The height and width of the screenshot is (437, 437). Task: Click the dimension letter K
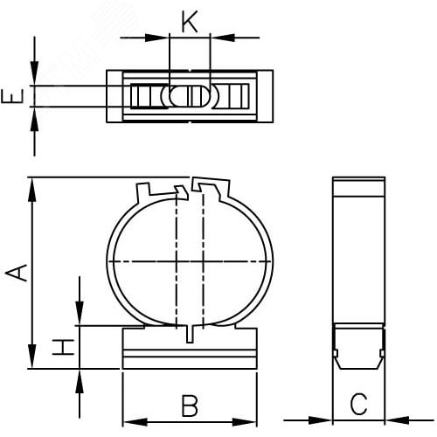pyautogui.click(x=190, y=22)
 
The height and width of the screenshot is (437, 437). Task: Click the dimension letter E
pyautogui.click(x=12, y=96)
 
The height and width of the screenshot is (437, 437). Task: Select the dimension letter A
pyautogui.click(x=17, y=273)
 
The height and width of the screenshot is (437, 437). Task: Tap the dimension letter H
pyautogui.click(x=63, y=347)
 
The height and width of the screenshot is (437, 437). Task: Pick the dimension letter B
pyautogui.click(x=190, y=406)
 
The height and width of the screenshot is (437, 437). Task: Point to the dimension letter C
pyautogui.click(x=358, y=404)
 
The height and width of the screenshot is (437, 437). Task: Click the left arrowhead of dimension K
pyautogui.click(x=157, y=38)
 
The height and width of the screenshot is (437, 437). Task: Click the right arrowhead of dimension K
pyautogui.click(x=222, y=38)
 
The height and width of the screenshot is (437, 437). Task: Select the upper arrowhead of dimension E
pyautogui.click(x=34, y=73)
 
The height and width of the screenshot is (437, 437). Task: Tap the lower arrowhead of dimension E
pyautogui.click(x=34, y=120)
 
